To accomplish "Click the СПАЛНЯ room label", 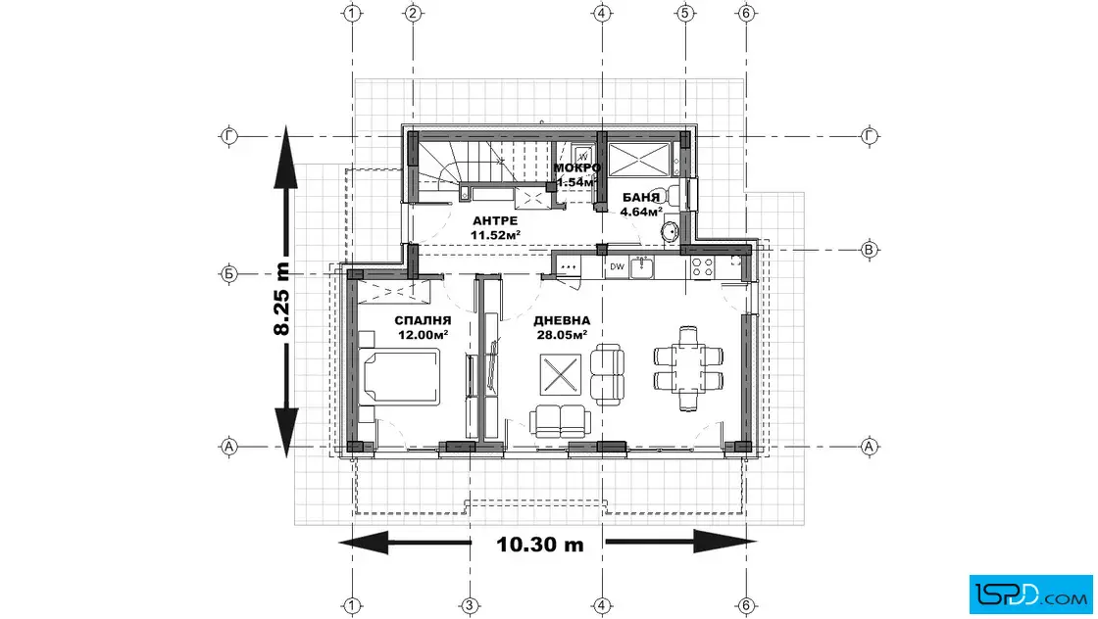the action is tap(423, 320).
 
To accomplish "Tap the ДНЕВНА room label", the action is tap(562, 320).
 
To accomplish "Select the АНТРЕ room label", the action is tap(495, 221).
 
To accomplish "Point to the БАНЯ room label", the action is tap(641, 197).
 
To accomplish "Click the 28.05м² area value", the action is tap(562, 335).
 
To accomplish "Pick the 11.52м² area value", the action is tap(495, 235).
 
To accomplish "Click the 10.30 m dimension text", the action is tap(540, 545).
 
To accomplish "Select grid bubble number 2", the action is tap(413, 13).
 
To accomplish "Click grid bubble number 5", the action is tap(685, 13).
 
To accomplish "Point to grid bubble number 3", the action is tap(470, 605).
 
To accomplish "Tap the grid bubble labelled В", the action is tap(869, 250).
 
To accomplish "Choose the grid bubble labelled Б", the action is tap(229, 274).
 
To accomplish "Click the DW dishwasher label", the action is tap(617, 266).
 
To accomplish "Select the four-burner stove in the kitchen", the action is tap(702, 267).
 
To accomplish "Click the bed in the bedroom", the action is tap(400, 377).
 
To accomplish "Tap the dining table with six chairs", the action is tap(688, 368).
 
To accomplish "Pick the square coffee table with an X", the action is tap(560, 375).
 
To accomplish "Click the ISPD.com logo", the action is tap(1030, 595).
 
